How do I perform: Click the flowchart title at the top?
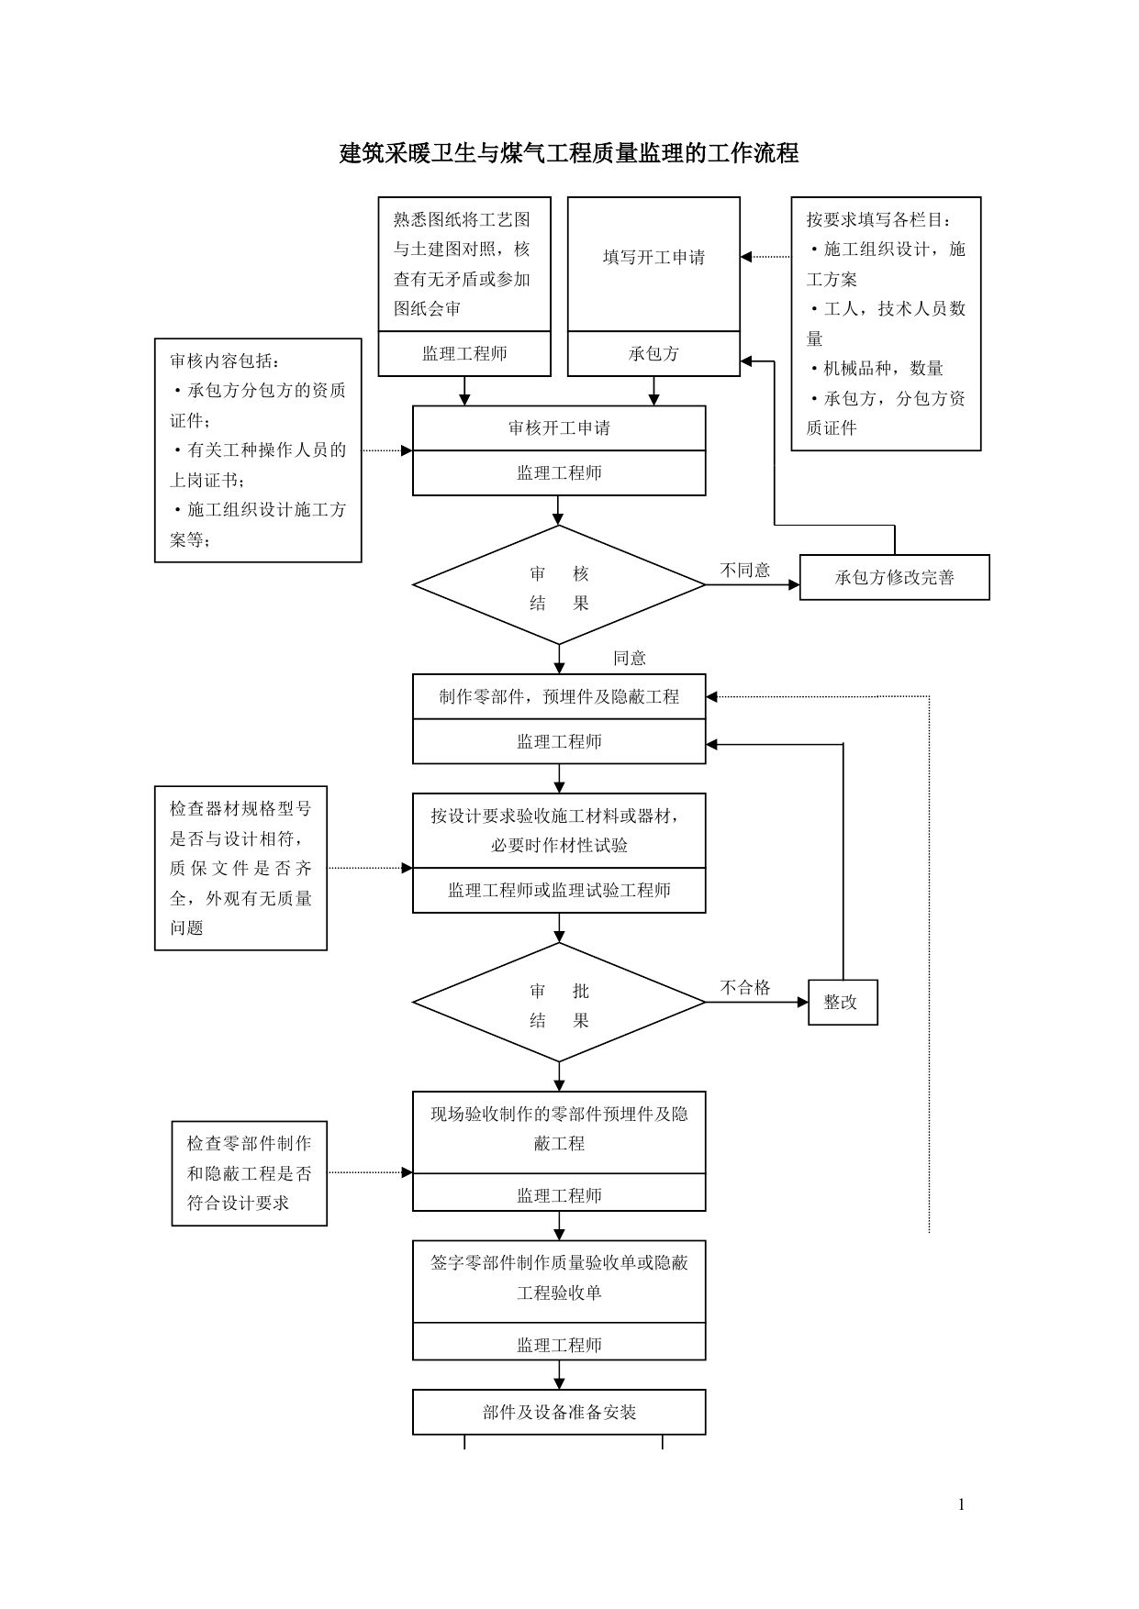pyautogui.click(x=569, y=153)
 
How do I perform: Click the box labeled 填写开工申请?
pyautogui.click(x=653, y=264)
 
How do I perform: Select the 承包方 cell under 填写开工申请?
pyautogui.click(x=653, y=354)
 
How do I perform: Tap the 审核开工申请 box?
pyautogui.click(x=559, y=428)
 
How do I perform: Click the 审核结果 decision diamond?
pyautogui.click(x=559, y=585)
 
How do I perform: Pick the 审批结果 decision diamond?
pyautogui.click(x=559, y=1003)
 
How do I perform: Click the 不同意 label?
pyautogui.click(x=745, y=571)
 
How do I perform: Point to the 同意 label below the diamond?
pyautogui.click(x=630, y=658)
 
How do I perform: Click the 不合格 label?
pyautogui.click(x=745, y=988)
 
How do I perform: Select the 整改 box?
pyautogui.click(x=843, y=1003)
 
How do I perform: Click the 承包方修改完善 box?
pyautogui.click(x=895, y=578)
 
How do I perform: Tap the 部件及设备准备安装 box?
pyautogui.click(x=559, y=1413)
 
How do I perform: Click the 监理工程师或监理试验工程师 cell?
pyautogui.click(x=559, y=891)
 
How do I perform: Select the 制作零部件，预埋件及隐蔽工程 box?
pyautogui.click(x=559, y=697)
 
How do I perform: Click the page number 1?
pyautogui.click(x=961, y=1504)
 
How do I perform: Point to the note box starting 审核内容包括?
pyautogui.click(x=258, y=450)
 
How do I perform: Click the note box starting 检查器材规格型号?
pyautogui.click(x=240, y=868)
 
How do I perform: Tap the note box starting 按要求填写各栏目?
pyautogui.click(x=886, y=324)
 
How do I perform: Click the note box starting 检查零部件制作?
pyautogui.click(x=250, y=1173)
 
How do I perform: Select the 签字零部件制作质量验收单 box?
pyautogui.click(x=559, y=1282)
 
